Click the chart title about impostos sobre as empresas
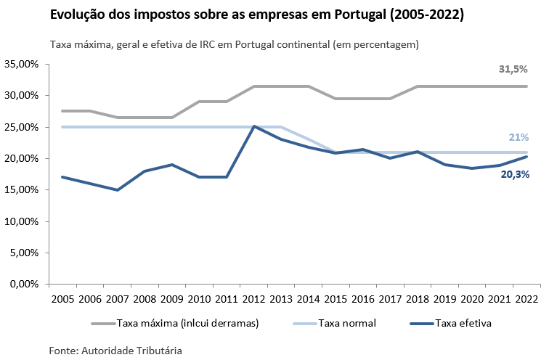point(256,15)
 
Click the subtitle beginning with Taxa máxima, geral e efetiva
point(235,45)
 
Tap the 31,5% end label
point(513,69)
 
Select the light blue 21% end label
point(518,137)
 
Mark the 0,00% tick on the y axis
point(24,285)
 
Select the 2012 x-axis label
point(253,299)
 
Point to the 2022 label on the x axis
point(526,299)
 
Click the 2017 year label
point(390,299)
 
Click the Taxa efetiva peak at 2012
point(253,126)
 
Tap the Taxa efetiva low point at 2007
point(117,190)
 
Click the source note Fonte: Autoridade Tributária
point(115,350)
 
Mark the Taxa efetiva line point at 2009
point(171,165)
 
